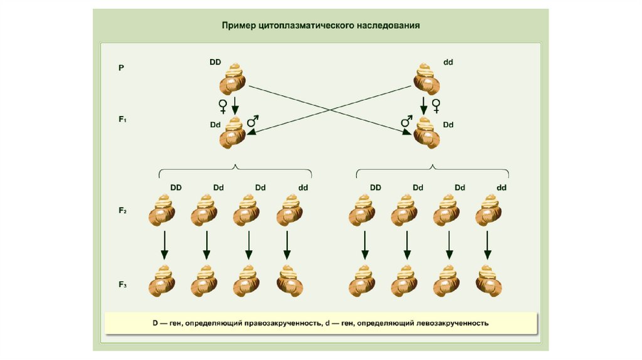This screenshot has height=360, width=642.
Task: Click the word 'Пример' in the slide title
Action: tap(238, 26)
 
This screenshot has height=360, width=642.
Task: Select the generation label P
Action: tap(121, 67)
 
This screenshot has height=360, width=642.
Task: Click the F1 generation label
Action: tap(122, 118)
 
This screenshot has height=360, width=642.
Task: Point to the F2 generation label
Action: tap(122, 211)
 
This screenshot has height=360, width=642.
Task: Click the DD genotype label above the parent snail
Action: tap(215, 62)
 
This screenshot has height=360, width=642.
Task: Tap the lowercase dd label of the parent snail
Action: tap(448, 62)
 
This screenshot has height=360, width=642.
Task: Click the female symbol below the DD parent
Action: tap(223, 105)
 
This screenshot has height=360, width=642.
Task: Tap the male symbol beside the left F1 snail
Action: tap(253, 121)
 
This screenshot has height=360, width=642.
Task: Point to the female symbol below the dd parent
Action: tap(436, 105)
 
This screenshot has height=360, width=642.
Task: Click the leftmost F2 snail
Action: tap(163, 211)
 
